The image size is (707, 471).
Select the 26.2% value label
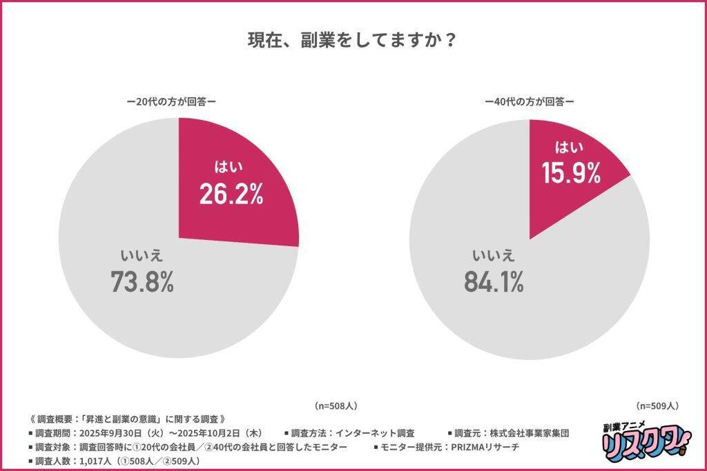231,194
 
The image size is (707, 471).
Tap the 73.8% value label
142,281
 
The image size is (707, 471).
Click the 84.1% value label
492,281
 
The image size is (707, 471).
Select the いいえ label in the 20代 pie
142,255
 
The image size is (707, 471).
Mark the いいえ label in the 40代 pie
493,255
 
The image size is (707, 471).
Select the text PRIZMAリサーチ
490,447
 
